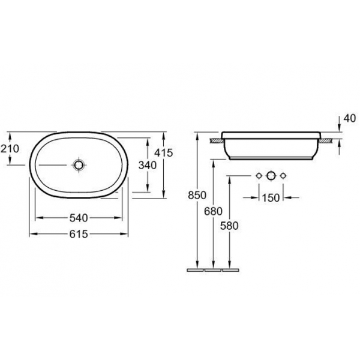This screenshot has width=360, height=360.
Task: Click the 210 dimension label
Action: tap(10, 149)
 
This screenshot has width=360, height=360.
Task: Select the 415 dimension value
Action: tap(163, 152)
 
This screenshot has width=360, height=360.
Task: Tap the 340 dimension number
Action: tap(148, 165)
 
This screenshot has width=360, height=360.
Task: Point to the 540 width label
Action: tap(79, 218)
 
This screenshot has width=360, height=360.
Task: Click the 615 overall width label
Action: tap(79, 234)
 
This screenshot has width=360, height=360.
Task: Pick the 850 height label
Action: tap(197, 195)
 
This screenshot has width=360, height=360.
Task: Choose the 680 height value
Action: tap(213, 211)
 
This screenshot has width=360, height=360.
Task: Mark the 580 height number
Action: tap(229, 226)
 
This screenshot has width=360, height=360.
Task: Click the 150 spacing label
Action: tap(271, 197)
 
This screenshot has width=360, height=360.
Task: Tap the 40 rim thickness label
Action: tap(350, 118)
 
